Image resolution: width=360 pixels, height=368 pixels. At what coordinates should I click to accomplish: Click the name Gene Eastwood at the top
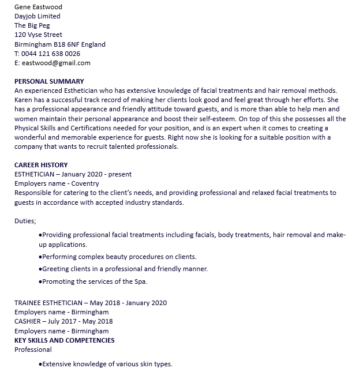[x=37, y=7]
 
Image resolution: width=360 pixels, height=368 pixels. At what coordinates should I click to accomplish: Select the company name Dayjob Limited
[x=37, y=16]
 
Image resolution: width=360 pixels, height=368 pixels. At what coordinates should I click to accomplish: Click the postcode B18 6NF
[x=67, y=44]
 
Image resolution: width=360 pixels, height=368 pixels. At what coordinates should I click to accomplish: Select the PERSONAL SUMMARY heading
[x=49, y=81]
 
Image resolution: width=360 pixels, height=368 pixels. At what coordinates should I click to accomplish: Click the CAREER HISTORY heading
[x=41, y=165]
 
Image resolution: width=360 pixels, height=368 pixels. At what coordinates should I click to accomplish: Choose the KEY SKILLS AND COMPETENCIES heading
[x=65, y=340]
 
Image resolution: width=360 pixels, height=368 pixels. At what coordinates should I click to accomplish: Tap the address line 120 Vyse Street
[x=38, y=35]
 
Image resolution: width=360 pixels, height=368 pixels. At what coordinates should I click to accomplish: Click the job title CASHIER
[x=28, y=321]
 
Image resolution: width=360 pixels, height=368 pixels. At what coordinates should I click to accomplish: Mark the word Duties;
[x=25, y=220]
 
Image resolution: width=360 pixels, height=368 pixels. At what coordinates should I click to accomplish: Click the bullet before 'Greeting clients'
[x=40, y=269]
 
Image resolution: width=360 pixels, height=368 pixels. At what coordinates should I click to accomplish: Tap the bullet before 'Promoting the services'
[x=40, y=282]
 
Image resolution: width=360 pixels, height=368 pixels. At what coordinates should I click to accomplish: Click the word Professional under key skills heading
[x=33, y=350]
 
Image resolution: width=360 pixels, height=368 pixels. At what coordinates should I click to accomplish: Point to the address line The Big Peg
[x=32, y=25]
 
